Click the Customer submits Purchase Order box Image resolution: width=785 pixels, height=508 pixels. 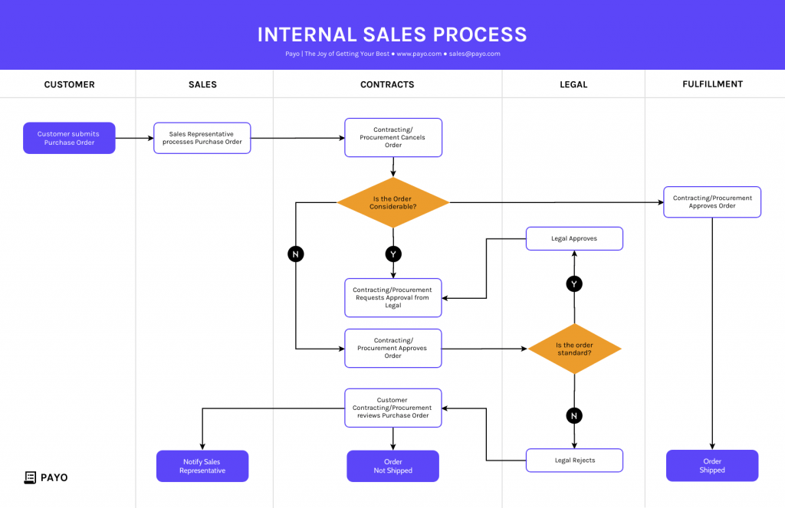pyautogui.click(x=69, y=138)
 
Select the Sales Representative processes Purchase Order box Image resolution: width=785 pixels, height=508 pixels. pyautogui.click(x=202, y=138)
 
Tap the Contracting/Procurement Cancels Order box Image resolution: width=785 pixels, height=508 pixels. pyautogui.click(x=393, y=137)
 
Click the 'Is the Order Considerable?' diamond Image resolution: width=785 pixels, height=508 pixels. pyautogui.click(x=393, y=202)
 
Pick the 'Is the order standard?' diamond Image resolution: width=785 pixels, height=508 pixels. pyautogui.click(x=574, y=349)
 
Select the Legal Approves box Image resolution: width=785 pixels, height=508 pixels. pyautogui.click(x=574, y=238)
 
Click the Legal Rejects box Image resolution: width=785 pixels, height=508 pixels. pyautogui.click(x=574, y=460)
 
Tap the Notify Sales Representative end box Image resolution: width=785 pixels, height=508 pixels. pyautogui.click(x=202, y=466)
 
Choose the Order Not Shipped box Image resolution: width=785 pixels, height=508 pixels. pyautogui.click(x=393, y=466)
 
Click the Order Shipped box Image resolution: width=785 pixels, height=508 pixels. pyautogui.click(x=712, y=466)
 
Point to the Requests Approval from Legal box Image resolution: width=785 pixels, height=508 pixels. pyautogui.click(x=393, y=297)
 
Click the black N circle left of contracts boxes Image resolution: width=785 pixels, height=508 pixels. pyautogui.click(x=296, y=254)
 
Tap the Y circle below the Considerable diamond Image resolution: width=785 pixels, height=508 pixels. pyautogui.click(x=393, y=254)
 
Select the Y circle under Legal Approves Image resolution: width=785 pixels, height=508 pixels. pyautogui.click(x=574, y=284)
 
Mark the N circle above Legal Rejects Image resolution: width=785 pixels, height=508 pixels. pyautogui.click(x=574, y=415)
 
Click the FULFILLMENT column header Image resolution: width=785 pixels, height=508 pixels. pyautogui.click(x=712, y=84)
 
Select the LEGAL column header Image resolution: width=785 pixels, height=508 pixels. pyautogui.click(x=573, y=84)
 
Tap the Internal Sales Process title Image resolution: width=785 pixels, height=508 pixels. pyautogui.click(x=392, y=34)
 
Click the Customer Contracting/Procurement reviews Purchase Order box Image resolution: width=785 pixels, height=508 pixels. pyautogui.click(x=393, y=408)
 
